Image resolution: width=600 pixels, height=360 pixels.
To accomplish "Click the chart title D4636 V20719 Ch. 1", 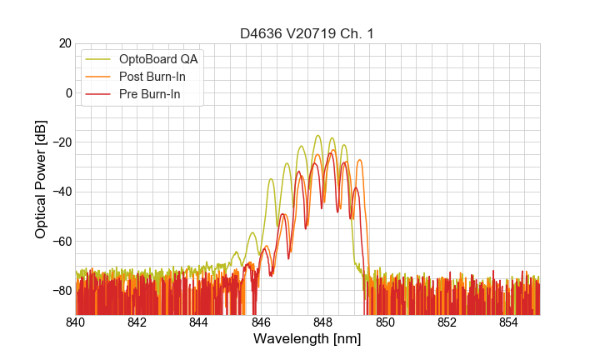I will coord(307,33).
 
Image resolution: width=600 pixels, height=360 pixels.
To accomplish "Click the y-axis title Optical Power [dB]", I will coord(40,179).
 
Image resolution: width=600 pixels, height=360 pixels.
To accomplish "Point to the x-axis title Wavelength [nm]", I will coord(307,339).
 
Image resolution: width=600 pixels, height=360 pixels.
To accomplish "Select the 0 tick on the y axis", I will coord(68,92).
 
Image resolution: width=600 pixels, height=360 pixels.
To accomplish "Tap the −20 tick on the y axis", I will coord(62,142).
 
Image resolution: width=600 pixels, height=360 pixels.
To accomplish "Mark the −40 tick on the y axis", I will coord(62,192).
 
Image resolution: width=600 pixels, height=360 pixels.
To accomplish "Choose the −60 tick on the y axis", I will coord(62,242).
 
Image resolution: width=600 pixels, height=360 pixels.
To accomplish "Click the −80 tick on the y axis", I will coord(62,291).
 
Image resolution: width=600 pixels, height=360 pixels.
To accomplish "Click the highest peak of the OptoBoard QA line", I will coord(317,135).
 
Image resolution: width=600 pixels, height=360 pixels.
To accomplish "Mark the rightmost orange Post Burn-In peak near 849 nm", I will coord(359,160).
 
